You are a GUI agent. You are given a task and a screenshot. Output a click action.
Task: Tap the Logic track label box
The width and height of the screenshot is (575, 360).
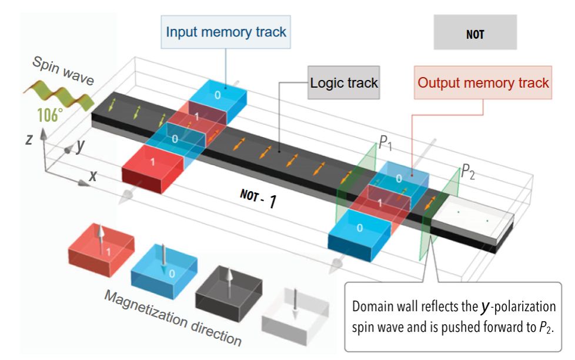click(345, 82)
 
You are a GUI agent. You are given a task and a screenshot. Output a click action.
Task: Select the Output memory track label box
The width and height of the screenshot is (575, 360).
click(483, 82)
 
